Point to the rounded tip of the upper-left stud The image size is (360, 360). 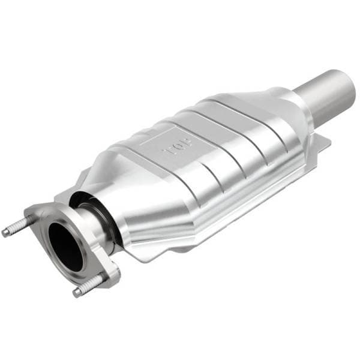pyautogui.click(x=5, y=233)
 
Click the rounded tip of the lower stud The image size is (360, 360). pyautogui.click(x=77, y=293)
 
